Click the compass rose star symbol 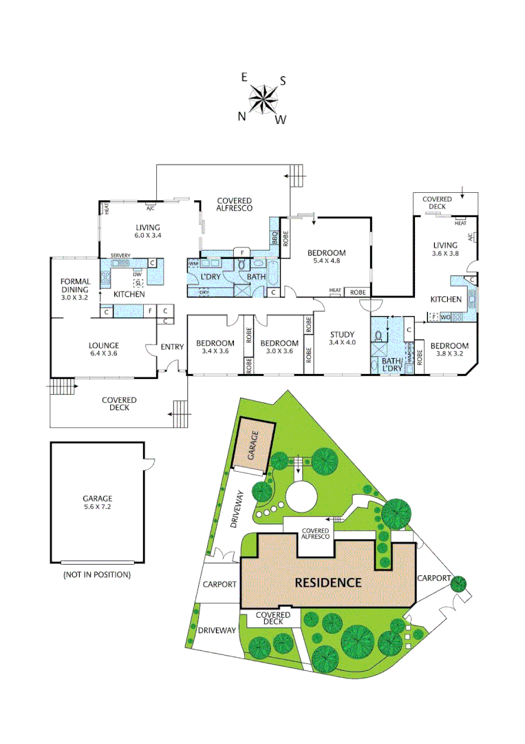tap(263, 98)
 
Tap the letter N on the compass tap(242, 116)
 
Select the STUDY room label tap(341, 339)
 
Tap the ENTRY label tap(172, 347)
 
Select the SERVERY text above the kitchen tap(120, 255)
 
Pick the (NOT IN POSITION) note tap(96, 574)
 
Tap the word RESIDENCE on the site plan tap(328, 582)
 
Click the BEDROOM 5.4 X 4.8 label tap(326, 257)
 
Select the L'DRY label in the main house tap(210, 277)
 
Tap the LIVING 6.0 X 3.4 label tap(147, 231)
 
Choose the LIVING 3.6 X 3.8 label tap(445, 249)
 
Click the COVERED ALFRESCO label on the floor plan tap(234, 203)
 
